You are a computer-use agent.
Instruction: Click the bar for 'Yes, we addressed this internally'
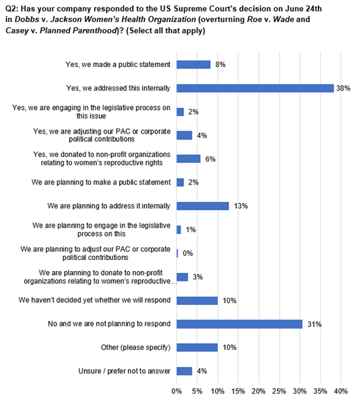(255, 89)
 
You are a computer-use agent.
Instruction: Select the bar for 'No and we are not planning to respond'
(240, 324)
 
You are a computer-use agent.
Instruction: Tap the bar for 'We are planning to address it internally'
(203, 206)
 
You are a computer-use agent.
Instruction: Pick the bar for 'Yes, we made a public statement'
(194, 64)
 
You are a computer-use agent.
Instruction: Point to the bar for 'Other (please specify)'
(197, 348)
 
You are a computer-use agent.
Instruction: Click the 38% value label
(343, 89)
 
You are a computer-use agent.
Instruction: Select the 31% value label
(314, 324)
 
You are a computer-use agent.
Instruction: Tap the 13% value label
(241, 206)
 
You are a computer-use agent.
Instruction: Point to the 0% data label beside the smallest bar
(188, 254)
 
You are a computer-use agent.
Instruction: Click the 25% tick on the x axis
(279, 391)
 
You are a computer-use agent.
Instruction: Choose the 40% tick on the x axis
(341, 391)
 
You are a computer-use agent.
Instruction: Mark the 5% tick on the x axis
(197, 391)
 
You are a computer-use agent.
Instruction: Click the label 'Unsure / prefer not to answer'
(125, 371)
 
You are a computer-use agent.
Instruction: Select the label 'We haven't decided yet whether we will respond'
(95, 300)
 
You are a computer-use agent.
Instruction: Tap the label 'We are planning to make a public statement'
(101, 183)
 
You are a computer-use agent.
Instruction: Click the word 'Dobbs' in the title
(27, 19)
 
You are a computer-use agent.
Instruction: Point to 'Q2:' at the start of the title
(12, 9)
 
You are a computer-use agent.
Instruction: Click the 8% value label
(220, 64)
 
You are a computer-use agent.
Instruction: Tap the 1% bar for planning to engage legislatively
(179, 230)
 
